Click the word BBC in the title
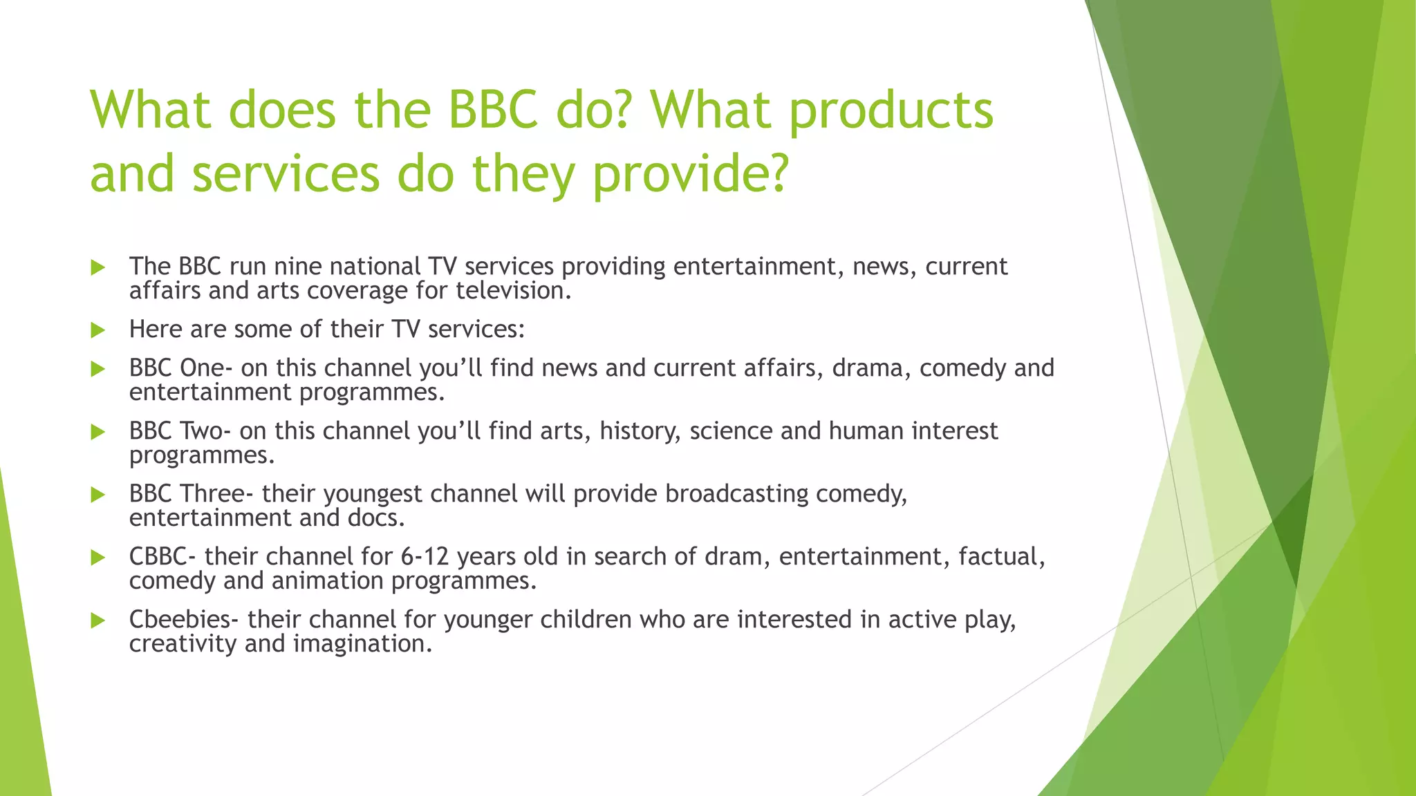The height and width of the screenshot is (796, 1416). (492, 111)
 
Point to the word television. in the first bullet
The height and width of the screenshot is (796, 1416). (514, 291)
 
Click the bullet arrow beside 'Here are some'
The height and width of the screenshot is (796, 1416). (97, 330)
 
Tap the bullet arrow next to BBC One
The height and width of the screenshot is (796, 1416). (97, 369)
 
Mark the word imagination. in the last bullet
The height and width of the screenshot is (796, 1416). (363, 644)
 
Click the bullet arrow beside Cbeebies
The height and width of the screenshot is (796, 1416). (97, 620)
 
